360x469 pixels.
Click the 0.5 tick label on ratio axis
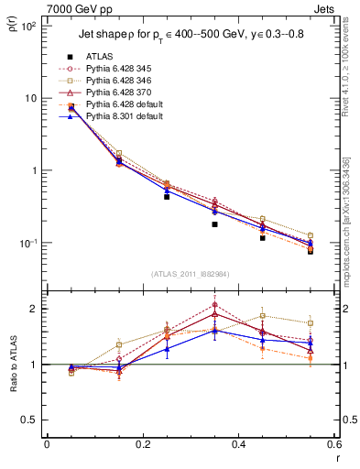pos(29,420)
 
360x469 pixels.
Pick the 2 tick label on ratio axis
pos(34,309)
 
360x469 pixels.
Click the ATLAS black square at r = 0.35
pos(214,224)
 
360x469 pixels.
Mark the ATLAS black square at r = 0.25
pos(167,196)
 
